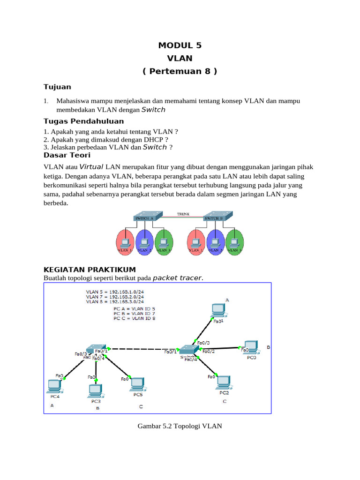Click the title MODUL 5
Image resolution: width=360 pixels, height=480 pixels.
pyautogui.click(x=180, y=45)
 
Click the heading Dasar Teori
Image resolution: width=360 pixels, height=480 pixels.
pyautogui.click(x=67, y=155)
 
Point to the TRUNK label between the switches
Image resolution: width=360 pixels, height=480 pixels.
pyautogui.click(x=183, y=214)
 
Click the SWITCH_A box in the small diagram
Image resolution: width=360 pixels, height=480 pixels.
pyautogui.click(x=144, y=218)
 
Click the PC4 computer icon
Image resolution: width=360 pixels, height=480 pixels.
pyautogui.click(x=54, y=385)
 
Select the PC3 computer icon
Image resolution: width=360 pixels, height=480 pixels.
pyautogui.click(x=96, y=390)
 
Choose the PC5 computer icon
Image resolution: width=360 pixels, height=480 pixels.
pyautogui.click(x=137, y=383)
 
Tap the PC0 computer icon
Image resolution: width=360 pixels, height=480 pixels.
pyautogui.click(x=251, y=347)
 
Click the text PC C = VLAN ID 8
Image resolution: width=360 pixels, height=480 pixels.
pyautogui.click(x=135, y=318)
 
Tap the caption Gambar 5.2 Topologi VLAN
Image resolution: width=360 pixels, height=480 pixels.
pyautogui.click(x=180, y=426)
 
